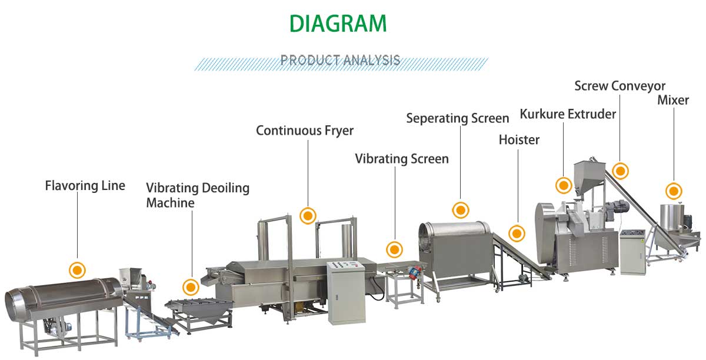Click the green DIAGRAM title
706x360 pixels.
338,24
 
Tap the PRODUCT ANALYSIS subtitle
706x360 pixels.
340,60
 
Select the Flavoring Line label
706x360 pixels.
85,186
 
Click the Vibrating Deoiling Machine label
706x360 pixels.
198,195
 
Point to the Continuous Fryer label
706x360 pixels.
305,130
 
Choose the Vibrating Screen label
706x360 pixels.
402,159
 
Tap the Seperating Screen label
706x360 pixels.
458,118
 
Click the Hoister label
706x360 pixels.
519,140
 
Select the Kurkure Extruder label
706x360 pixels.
568,114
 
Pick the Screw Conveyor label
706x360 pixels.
620,86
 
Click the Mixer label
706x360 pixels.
673,100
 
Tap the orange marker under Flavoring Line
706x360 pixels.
77,270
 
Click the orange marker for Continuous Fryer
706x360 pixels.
308,215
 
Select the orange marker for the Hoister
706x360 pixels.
517,234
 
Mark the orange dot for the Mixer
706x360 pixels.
674,191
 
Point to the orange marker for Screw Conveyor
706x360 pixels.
620,171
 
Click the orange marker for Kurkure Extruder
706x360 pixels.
564,185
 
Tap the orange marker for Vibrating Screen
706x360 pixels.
394,249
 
